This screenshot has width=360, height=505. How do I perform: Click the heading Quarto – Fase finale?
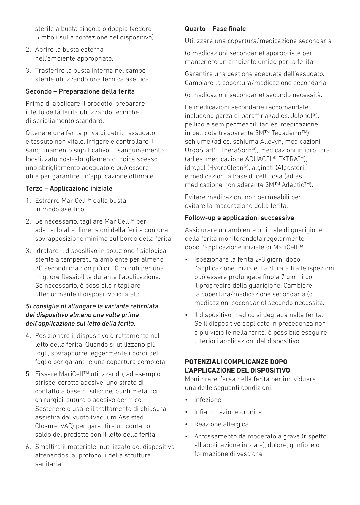[x=215, y=29]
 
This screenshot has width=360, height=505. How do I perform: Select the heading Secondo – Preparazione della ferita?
[x=80, y=91]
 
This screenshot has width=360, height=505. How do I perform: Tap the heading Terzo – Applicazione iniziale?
[x=69, y=189]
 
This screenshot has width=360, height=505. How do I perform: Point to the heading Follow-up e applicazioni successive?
[x=239, y=218]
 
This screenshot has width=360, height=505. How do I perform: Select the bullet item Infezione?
[x=207, y=400]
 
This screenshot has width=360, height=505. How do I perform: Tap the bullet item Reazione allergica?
[x=221, y=424]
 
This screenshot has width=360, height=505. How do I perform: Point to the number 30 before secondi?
[x=39, y=268]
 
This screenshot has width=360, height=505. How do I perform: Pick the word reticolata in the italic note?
[x=144, y=306]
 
